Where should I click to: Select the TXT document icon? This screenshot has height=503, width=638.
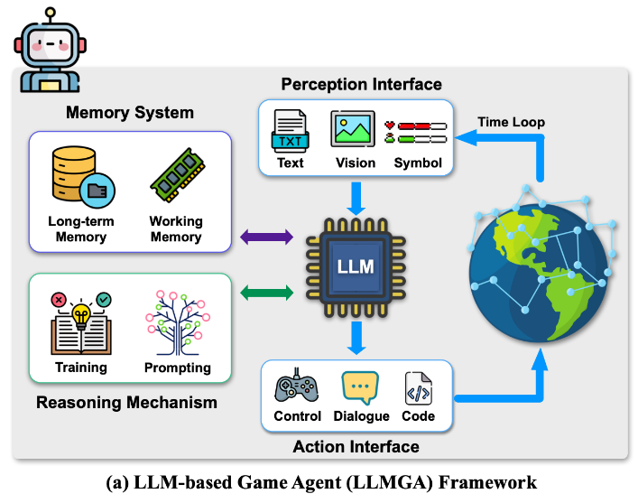[291, 131]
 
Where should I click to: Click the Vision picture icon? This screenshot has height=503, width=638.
[353, 130]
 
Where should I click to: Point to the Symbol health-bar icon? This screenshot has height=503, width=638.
[416, 132]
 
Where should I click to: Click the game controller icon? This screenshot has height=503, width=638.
[297, 388]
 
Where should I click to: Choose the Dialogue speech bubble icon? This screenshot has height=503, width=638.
[360, 387]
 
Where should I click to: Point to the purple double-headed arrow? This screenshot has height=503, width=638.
[267, 238]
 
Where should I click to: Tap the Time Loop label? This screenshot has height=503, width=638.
[511, 121]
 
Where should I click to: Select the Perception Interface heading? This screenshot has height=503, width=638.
[361, 84]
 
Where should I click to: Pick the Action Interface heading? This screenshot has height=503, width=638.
[356, 446]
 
